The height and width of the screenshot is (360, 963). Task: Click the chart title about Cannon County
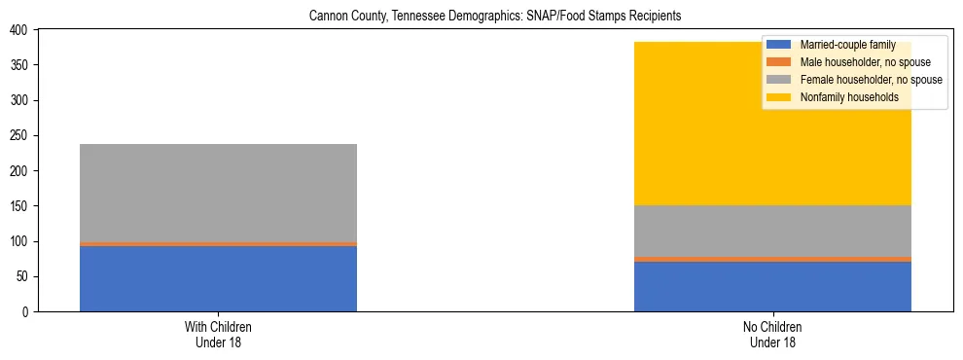[495, 17]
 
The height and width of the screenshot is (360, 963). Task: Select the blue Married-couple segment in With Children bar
[218, 278]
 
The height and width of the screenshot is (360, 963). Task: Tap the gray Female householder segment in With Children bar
[218, 193]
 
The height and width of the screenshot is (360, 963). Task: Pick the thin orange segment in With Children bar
[218, 244]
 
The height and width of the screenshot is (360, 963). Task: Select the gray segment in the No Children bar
[772, 231]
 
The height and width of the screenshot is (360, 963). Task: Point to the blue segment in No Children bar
[772, 286]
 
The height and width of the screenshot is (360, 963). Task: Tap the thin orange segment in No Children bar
[772, 259]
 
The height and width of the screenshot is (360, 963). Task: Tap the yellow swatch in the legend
[779, 97]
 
